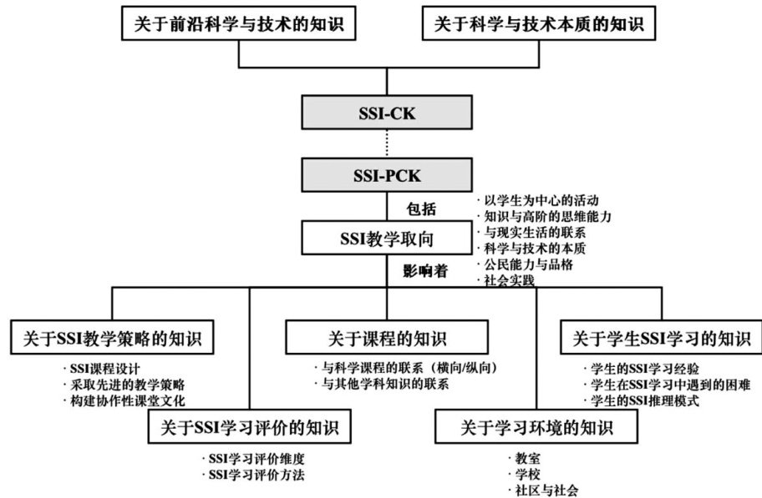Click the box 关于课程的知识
click(x=386, y=339)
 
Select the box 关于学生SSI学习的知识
click(x=661, y=339)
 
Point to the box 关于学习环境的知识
click(x=536, y=429)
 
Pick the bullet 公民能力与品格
click(x=526, y=264)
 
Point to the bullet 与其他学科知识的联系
click(x=379, y=385)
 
